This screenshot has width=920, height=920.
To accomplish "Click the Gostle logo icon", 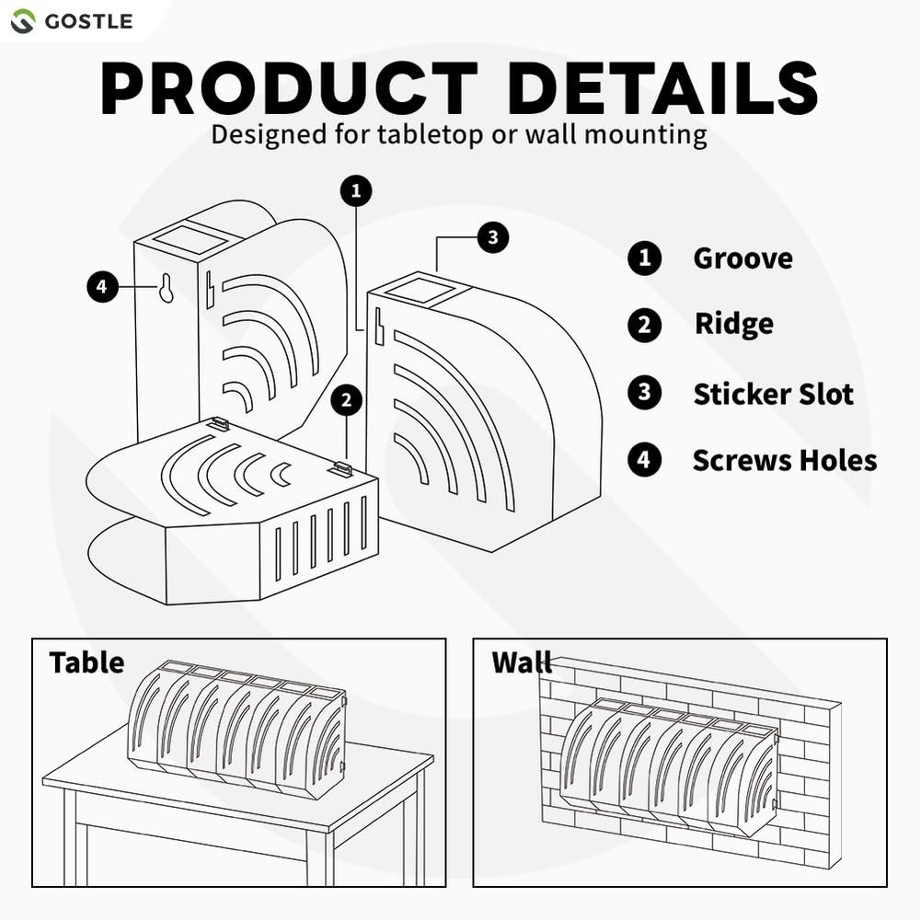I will pyautogui.click(x=23, y=20).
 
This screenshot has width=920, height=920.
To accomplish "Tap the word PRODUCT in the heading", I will pyautogui.click(x=289, y=90).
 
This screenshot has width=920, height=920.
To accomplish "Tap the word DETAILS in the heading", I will pyautogui.click(x=662, y=90).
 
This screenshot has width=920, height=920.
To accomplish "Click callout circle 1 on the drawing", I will pyautogui.click(x=356, y=191).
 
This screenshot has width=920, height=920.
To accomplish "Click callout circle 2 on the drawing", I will pyautogui.click(x=347, y=400).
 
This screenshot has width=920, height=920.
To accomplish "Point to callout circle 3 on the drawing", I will pyautogui.click(x=492, y=237).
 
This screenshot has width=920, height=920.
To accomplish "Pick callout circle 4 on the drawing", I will pyautogui.click(x=102, y=287).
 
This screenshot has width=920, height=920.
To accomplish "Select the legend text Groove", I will pyautogui.click(x=742, y=259).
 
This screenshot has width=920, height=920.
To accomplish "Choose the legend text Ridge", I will pyautogui.click(x=733, y=325).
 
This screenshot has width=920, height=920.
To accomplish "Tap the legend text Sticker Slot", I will pyautogui.click(x=773, y=395).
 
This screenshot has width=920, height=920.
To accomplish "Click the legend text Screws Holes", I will pyautogui.click(x=784, y=460).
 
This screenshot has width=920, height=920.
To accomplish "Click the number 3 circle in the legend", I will pyautogui.click(x=644, y=394).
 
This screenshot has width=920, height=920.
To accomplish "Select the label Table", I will pyautogui.click(x=86, y=662).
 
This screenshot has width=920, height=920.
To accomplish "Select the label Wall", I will pyautogui.click(x=522, y=662).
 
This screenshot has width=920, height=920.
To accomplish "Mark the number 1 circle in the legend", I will pyautogui.click(x=644, y=259).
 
